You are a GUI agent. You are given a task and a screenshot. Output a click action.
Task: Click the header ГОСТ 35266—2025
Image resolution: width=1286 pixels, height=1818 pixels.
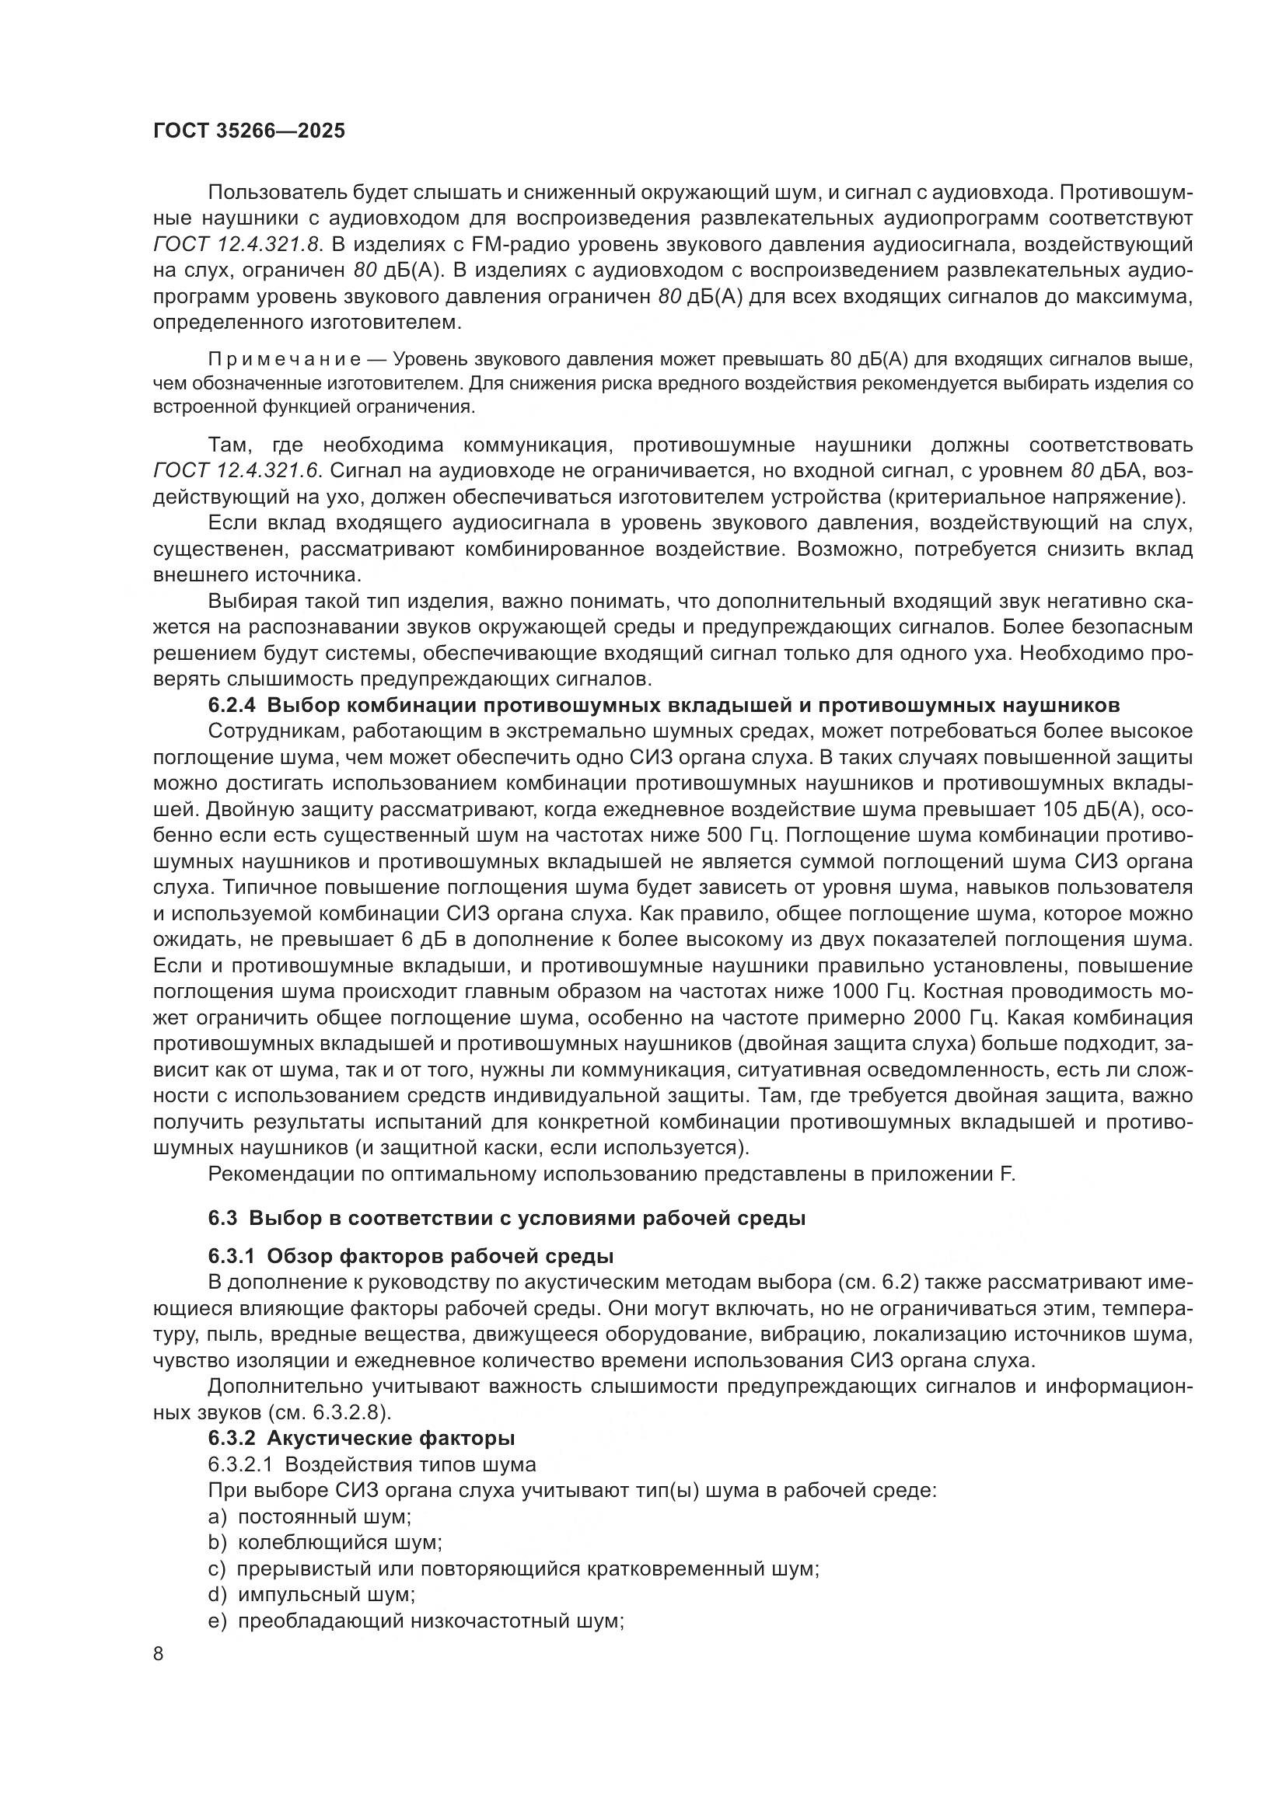pos(250,131)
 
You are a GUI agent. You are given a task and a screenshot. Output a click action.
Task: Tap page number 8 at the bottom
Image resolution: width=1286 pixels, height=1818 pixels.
pos(159,1654)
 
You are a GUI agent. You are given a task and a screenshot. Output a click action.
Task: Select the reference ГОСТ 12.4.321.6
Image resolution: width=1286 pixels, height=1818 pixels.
pos(237,471)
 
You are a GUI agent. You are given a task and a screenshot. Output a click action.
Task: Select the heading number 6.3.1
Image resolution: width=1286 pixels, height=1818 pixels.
pos(232,1257)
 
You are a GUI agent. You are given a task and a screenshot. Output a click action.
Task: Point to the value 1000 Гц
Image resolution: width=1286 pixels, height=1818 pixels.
pos(874,992)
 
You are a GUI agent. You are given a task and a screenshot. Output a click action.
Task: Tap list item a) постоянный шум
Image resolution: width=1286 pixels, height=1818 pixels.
pos(309,1516)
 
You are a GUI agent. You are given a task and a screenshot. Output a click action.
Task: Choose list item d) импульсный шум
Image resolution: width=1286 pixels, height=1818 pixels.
pos(312,1594)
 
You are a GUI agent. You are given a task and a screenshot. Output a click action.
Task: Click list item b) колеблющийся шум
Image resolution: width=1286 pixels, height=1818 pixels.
pos(326,1542)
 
